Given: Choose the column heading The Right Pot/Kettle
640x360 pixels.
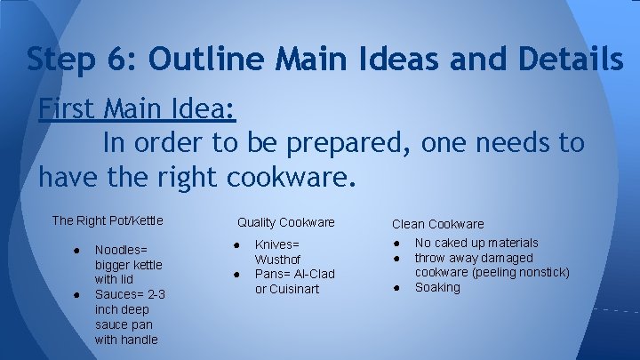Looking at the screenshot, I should pos(108,220).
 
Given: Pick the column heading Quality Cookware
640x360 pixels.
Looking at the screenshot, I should pos(285,222).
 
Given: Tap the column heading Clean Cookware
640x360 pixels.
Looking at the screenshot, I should pos(438,224).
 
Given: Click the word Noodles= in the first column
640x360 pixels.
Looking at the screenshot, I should pos(121,250).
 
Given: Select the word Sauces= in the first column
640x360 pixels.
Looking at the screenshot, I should pos(118,294).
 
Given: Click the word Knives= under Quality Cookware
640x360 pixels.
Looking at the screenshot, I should pos(278,244).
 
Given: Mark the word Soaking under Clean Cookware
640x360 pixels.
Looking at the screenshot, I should pos(438,287).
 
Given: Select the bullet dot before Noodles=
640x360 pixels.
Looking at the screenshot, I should pos(78,250).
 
